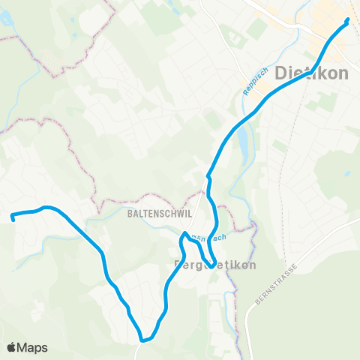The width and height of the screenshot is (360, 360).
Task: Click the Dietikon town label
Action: [313, 74]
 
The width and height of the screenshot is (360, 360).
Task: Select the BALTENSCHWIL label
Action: [160, 213]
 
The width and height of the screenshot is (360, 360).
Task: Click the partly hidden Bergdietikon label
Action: [215, 265]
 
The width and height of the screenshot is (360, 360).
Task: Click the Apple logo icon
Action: [12, 347]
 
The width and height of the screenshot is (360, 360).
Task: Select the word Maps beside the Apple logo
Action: [33, 347]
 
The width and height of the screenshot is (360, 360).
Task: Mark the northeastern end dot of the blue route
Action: [347, 21]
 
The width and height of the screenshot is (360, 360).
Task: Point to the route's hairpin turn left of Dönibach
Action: [182, 236]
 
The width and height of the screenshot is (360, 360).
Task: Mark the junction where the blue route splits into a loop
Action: [208, 177]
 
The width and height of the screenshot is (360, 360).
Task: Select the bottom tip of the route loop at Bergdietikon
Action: [205, 263]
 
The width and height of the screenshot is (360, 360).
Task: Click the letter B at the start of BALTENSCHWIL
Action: [130, 213]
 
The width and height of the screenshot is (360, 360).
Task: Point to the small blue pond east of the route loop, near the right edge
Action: [346, 173]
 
